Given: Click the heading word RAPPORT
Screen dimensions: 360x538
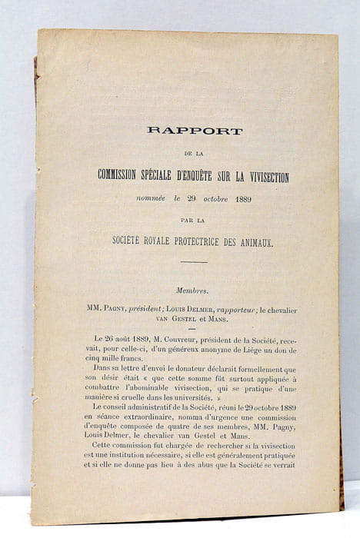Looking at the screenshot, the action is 195,131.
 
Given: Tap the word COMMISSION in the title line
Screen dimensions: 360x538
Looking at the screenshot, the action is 130,178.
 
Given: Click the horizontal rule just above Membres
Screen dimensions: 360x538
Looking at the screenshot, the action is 194,262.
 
